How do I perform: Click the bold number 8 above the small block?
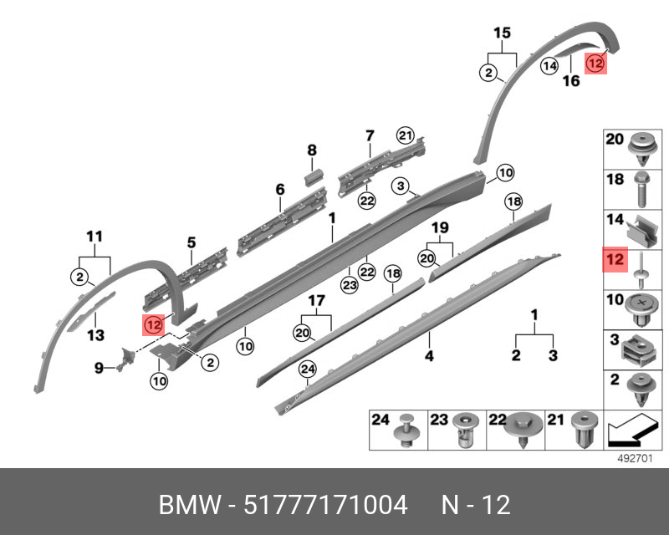point(312,150)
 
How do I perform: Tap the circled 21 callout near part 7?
point(406,136)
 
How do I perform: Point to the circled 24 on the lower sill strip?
point(307,368)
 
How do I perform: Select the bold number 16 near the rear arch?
point(570,81)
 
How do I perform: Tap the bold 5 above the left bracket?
point(191,243)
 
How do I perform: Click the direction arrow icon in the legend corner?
point(631,432)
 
